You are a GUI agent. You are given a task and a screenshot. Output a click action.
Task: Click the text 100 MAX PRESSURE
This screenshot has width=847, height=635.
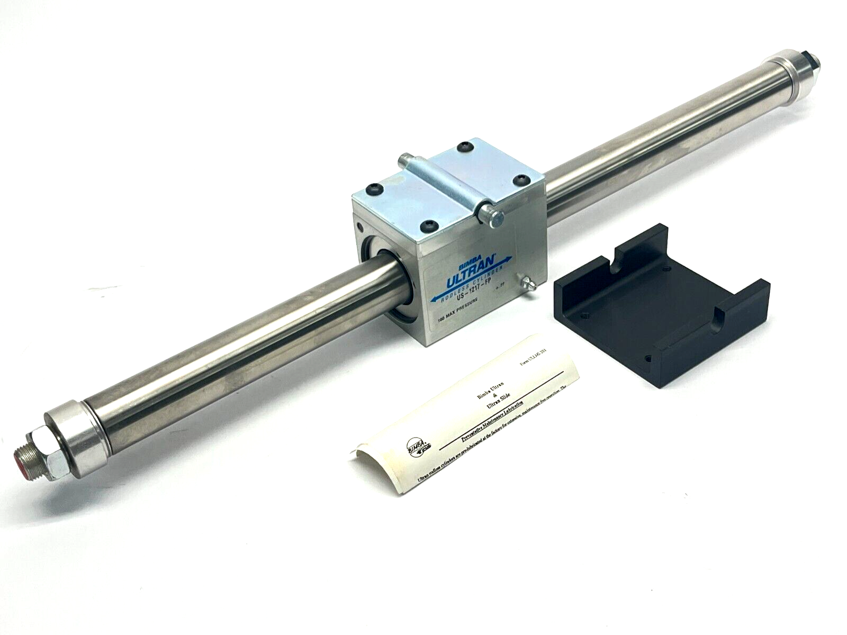[x=455, y=310]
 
